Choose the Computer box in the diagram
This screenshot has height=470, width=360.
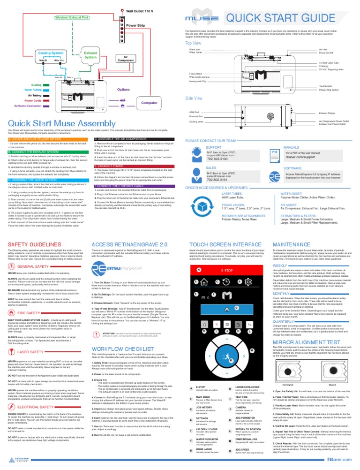point(148,102)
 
